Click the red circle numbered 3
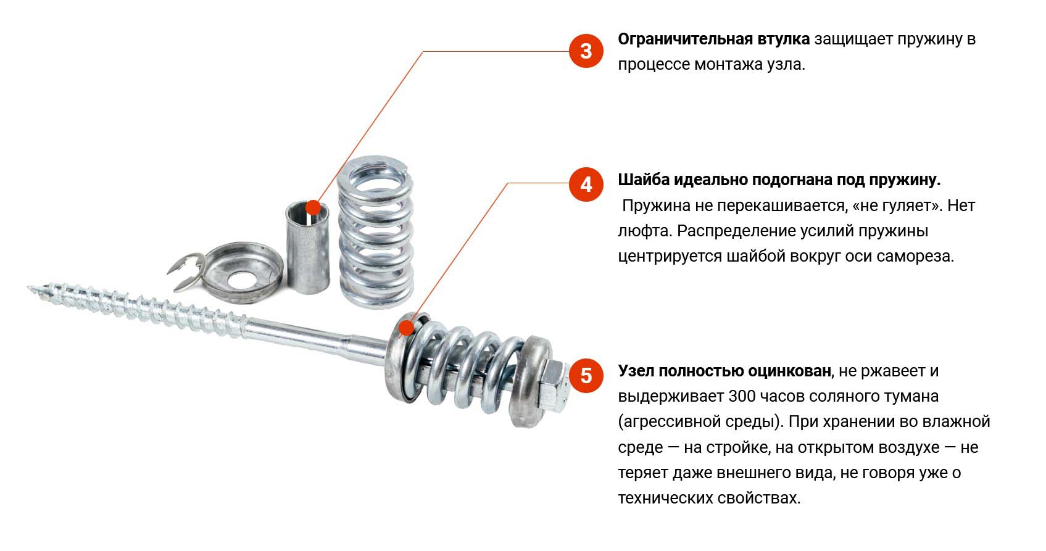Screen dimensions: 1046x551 point(586,51)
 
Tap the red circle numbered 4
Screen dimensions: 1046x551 point(586,184)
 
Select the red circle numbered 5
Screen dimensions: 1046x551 point(586,376)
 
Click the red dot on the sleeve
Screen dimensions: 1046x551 point(313,207)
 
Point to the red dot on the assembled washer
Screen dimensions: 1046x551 point(406,328)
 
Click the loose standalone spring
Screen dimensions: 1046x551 point(375,232)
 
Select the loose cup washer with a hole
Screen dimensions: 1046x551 point(243,273)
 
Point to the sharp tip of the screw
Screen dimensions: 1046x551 point(29,288)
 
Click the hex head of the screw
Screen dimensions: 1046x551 point(555,385)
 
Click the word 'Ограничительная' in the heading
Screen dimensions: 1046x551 point(685,39)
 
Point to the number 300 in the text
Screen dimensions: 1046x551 point(742,397)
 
